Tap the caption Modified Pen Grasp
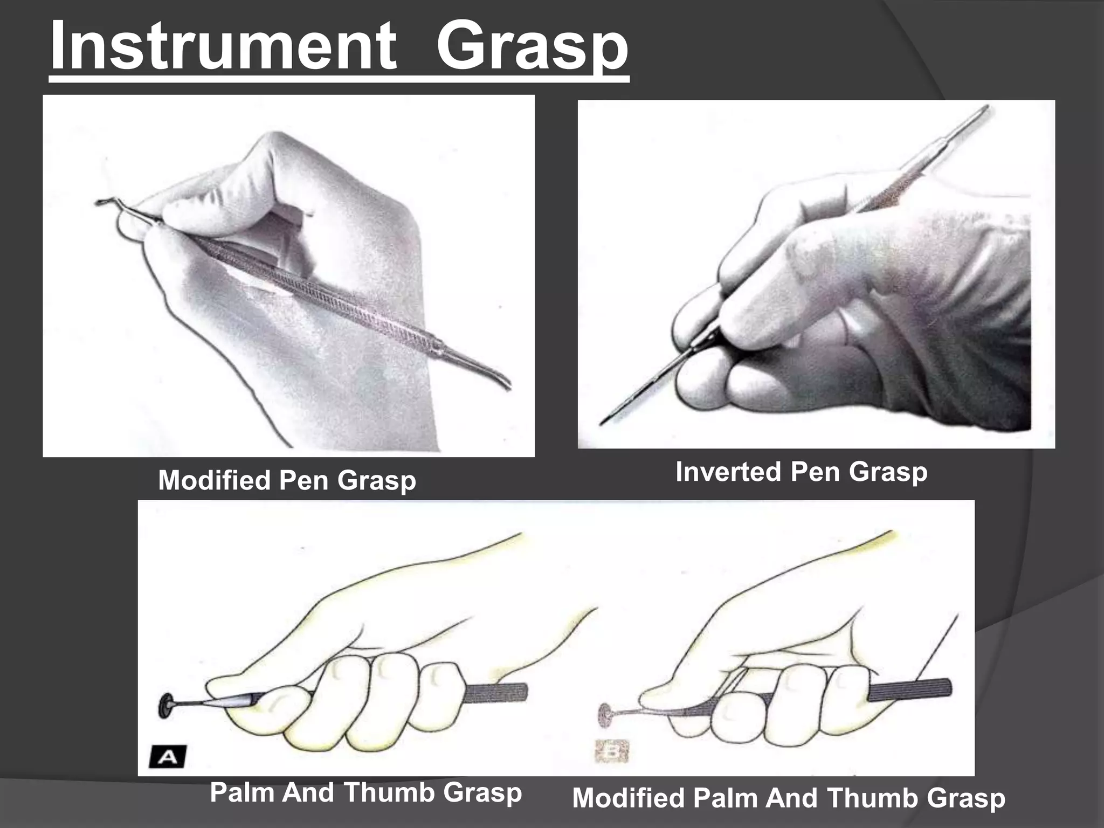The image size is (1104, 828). (287, 480)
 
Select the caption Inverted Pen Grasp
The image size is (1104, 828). (801, 472)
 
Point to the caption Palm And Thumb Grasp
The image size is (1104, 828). (365, 792)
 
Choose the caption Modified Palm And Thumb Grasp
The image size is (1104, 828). (788, 798)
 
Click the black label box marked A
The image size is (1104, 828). (168, 757)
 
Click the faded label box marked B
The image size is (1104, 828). (612, 751)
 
